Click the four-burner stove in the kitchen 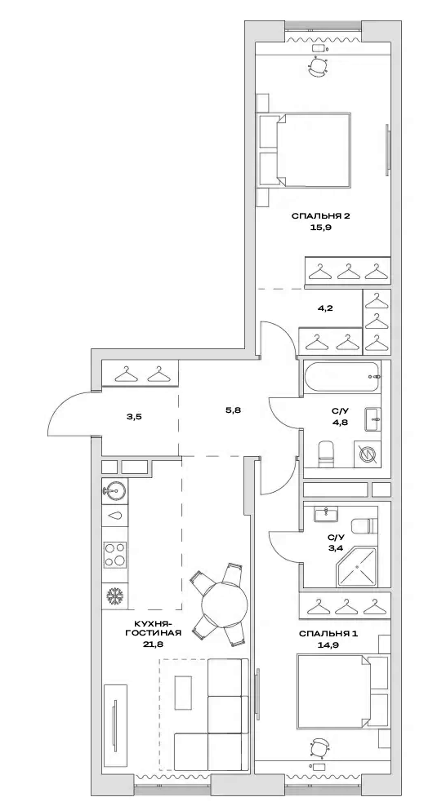114,555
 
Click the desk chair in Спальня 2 319,66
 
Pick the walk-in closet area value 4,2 324,309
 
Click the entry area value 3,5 134,417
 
